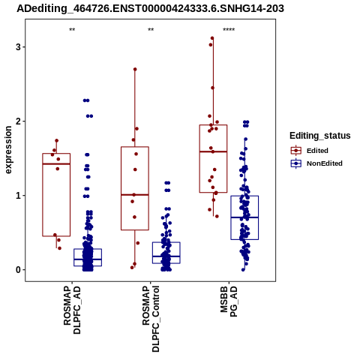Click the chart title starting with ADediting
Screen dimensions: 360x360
pyautogui.click(x=150, y=8)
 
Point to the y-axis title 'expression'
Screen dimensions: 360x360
pyautogui.click(x=8, y=150)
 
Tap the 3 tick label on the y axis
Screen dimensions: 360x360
pyautogui.click(x=18, y=47)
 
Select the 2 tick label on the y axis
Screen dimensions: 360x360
pyautogui.click(x=18, y=121)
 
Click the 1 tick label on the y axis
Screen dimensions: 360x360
pyautogui.click(x=18, y=196)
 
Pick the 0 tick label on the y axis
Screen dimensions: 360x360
pyautogui.click(x=18, y=270)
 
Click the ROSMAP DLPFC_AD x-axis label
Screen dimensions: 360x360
pyautogui.click(x=72, y=310)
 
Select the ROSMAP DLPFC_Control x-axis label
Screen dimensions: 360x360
pyautogui.click(x=151, y=319)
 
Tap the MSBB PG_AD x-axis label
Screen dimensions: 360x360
pyautogui.click(x=229, y=301)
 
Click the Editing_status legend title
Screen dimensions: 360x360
pyautogui.click(x=320, y=136)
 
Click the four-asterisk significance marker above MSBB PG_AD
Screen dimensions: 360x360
pyautogui.click(x=229, y=30)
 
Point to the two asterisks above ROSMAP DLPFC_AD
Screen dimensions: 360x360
pyautogui.click(x=72, y=30)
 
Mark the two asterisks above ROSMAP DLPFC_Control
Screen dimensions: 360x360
pyautogui.click(x=151, y=30)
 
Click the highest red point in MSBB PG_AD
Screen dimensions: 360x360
pyautogui.click(x=212, y=38)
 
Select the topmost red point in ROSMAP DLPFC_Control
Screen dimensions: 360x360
pyautogui.click(x=135, y=69)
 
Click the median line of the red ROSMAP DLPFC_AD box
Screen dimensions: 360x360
pyautogui.click(x=56, y=164)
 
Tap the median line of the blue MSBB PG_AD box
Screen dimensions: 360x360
pyautogui.click(x=244, y=217)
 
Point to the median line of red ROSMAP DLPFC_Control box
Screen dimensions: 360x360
pyautogui.click(x=135, y=194)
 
